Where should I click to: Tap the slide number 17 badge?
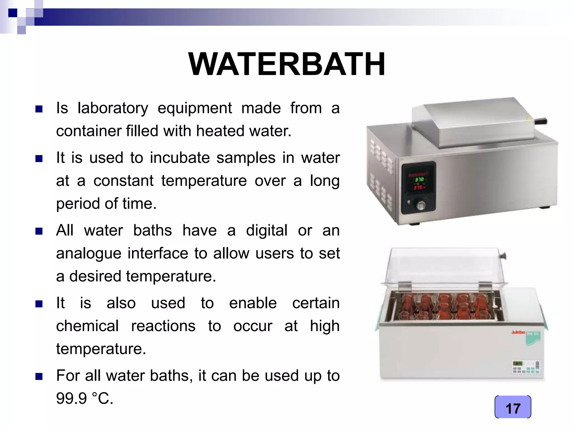513,407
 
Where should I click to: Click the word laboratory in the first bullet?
113,108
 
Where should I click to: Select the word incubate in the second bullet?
180,158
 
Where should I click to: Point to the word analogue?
89,254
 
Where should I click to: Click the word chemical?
87,326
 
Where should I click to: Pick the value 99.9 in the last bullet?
71,398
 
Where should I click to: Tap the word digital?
267,231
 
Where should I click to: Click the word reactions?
163,326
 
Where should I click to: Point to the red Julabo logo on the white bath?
518,332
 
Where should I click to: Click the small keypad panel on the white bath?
526,367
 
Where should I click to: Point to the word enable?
253,303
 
